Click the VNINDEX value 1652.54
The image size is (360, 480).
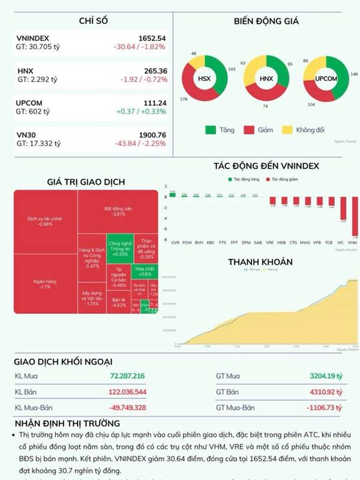point(152,38)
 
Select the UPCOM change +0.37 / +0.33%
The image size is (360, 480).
point(140,112)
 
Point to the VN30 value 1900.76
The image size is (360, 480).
point(152,134)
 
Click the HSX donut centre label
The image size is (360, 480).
point(205,79)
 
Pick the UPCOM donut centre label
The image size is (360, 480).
point(326,79)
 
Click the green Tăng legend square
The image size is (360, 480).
point(211,129)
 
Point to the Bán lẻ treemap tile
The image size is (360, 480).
point(119,301)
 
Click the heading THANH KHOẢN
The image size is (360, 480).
point(260,262)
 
